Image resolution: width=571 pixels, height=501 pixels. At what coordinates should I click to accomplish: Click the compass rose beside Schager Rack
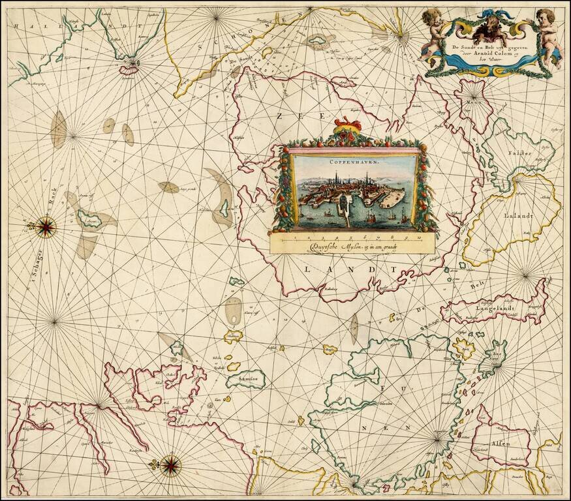click(46, 226)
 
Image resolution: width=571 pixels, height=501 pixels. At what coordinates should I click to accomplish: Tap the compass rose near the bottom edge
click(170, 464)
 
